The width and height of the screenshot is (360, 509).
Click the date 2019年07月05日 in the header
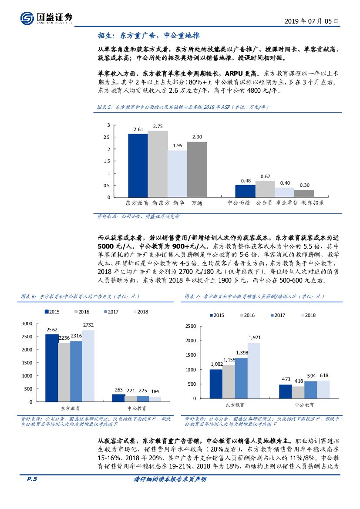pos(311,20)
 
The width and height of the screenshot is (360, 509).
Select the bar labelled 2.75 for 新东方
pos(158,164)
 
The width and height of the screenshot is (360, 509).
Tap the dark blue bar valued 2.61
pos(138,165)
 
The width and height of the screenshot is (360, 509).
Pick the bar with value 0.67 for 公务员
pos(265,189)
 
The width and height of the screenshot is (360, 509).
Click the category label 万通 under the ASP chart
pos(197,203)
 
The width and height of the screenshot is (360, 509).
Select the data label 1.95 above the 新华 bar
pos(177,145)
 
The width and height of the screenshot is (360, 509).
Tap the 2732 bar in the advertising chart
pos(88,366)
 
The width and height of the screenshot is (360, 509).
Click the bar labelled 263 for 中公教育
pos(118,398)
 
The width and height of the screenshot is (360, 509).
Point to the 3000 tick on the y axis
pos(27,324)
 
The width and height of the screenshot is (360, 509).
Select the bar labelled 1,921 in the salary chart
pos(254,370)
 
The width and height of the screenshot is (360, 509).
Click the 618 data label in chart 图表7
pos(323,375)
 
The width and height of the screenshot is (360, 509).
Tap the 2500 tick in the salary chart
pos(191,326)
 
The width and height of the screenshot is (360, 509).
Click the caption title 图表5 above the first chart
pos(104,107)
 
